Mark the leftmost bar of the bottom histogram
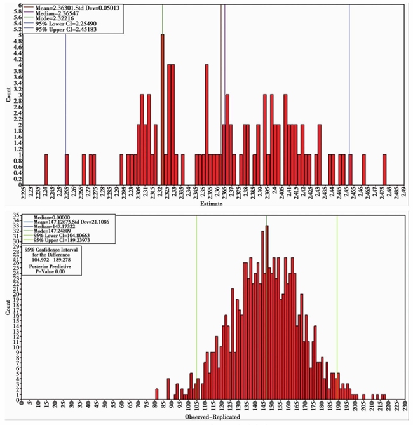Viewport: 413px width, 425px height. (157, 394)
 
